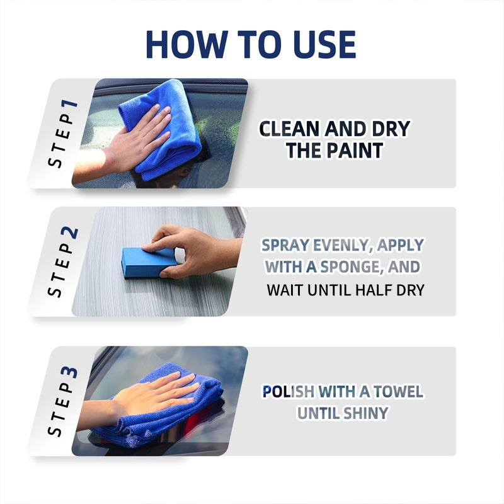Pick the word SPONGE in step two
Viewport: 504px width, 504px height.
[x=350, y=266]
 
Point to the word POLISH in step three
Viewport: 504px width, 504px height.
[x=289, y=392]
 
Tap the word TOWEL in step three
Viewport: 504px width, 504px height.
[x=398, y=392]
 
